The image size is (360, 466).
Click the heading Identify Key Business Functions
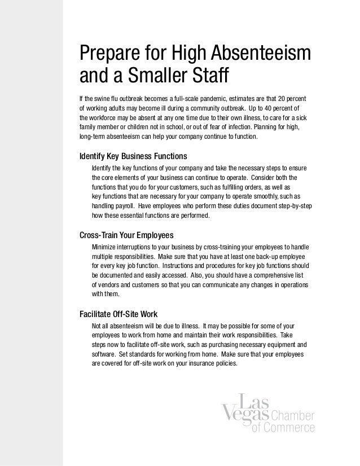pyautogui.click(x=134, y=156)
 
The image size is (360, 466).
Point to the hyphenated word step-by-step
pyautogui.click(x=291, y=206)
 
